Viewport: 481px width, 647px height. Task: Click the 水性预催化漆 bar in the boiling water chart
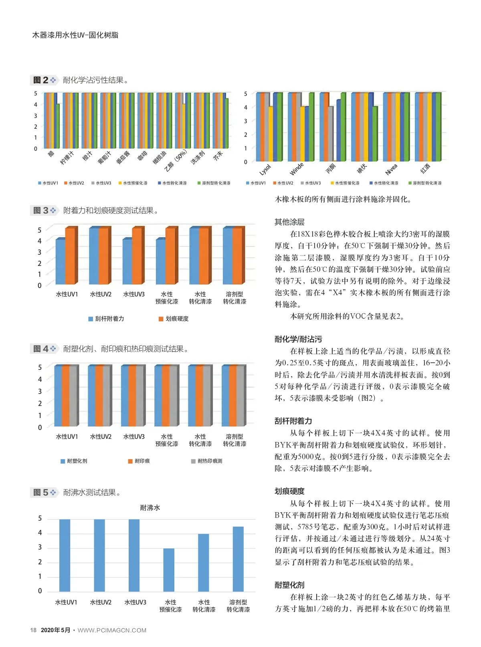click(169, 570)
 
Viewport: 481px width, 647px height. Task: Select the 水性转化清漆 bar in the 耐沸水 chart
click(203, 562)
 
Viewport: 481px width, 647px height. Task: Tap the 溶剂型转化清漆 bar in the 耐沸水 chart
click(238, 559)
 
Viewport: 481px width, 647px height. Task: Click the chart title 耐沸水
click(150, 508)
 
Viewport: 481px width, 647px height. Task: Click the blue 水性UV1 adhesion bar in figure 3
click(60, 262)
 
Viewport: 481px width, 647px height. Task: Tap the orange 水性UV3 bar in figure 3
click(137, 256)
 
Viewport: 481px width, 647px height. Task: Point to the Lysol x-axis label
click(265, 170)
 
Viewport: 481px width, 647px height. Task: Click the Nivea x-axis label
click(391, 169)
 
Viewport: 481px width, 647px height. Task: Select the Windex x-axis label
click(297, 169)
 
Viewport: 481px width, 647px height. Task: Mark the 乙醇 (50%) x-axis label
click(176, 160)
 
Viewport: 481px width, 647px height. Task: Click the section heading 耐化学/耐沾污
click(298, 339)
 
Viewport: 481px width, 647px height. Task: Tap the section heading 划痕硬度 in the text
click(289, 491)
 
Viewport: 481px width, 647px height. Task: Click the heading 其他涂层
click(289, 222)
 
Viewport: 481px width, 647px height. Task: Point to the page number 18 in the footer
click(33, 630)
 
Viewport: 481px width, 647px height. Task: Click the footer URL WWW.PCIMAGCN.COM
click(112, 631)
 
